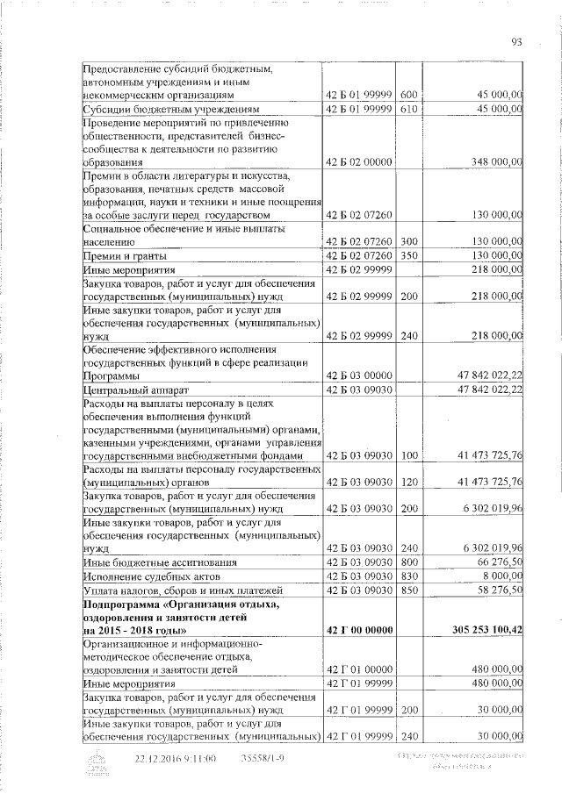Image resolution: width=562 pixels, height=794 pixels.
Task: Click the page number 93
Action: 516,40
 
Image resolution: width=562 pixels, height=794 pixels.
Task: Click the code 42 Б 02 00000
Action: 358,162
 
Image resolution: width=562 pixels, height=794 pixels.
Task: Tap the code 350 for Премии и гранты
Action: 407,254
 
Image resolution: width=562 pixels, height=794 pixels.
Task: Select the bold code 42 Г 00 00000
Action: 358,630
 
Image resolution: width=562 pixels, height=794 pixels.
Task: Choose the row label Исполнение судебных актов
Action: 143,576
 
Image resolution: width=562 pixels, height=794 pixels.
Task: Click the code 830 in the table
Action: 407,576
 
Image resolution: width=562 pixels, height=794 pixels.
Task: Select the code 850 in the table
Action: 407,590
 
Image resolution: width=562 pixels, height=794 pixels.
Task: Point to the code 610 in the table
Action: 407,108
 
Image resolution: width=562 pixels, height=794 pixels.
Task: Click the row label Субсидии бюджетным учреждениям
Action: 154,109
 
